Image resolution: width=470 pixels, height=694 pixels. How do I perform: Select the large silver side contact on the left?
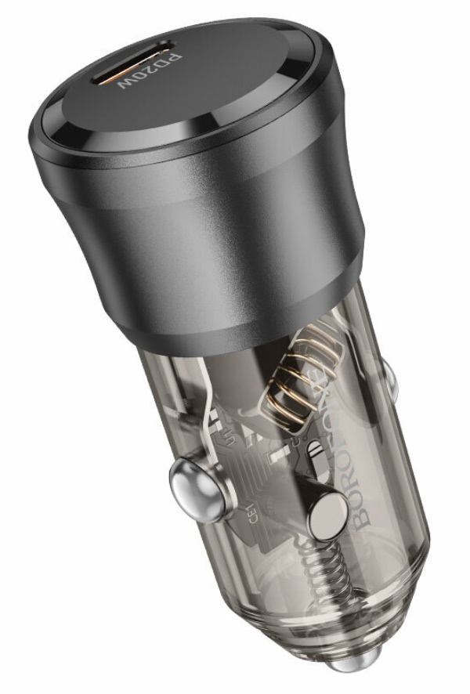pos(189,480)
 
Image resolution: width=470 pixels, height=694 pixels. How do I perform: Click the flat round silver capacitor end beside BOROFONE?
pos(327,517)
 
